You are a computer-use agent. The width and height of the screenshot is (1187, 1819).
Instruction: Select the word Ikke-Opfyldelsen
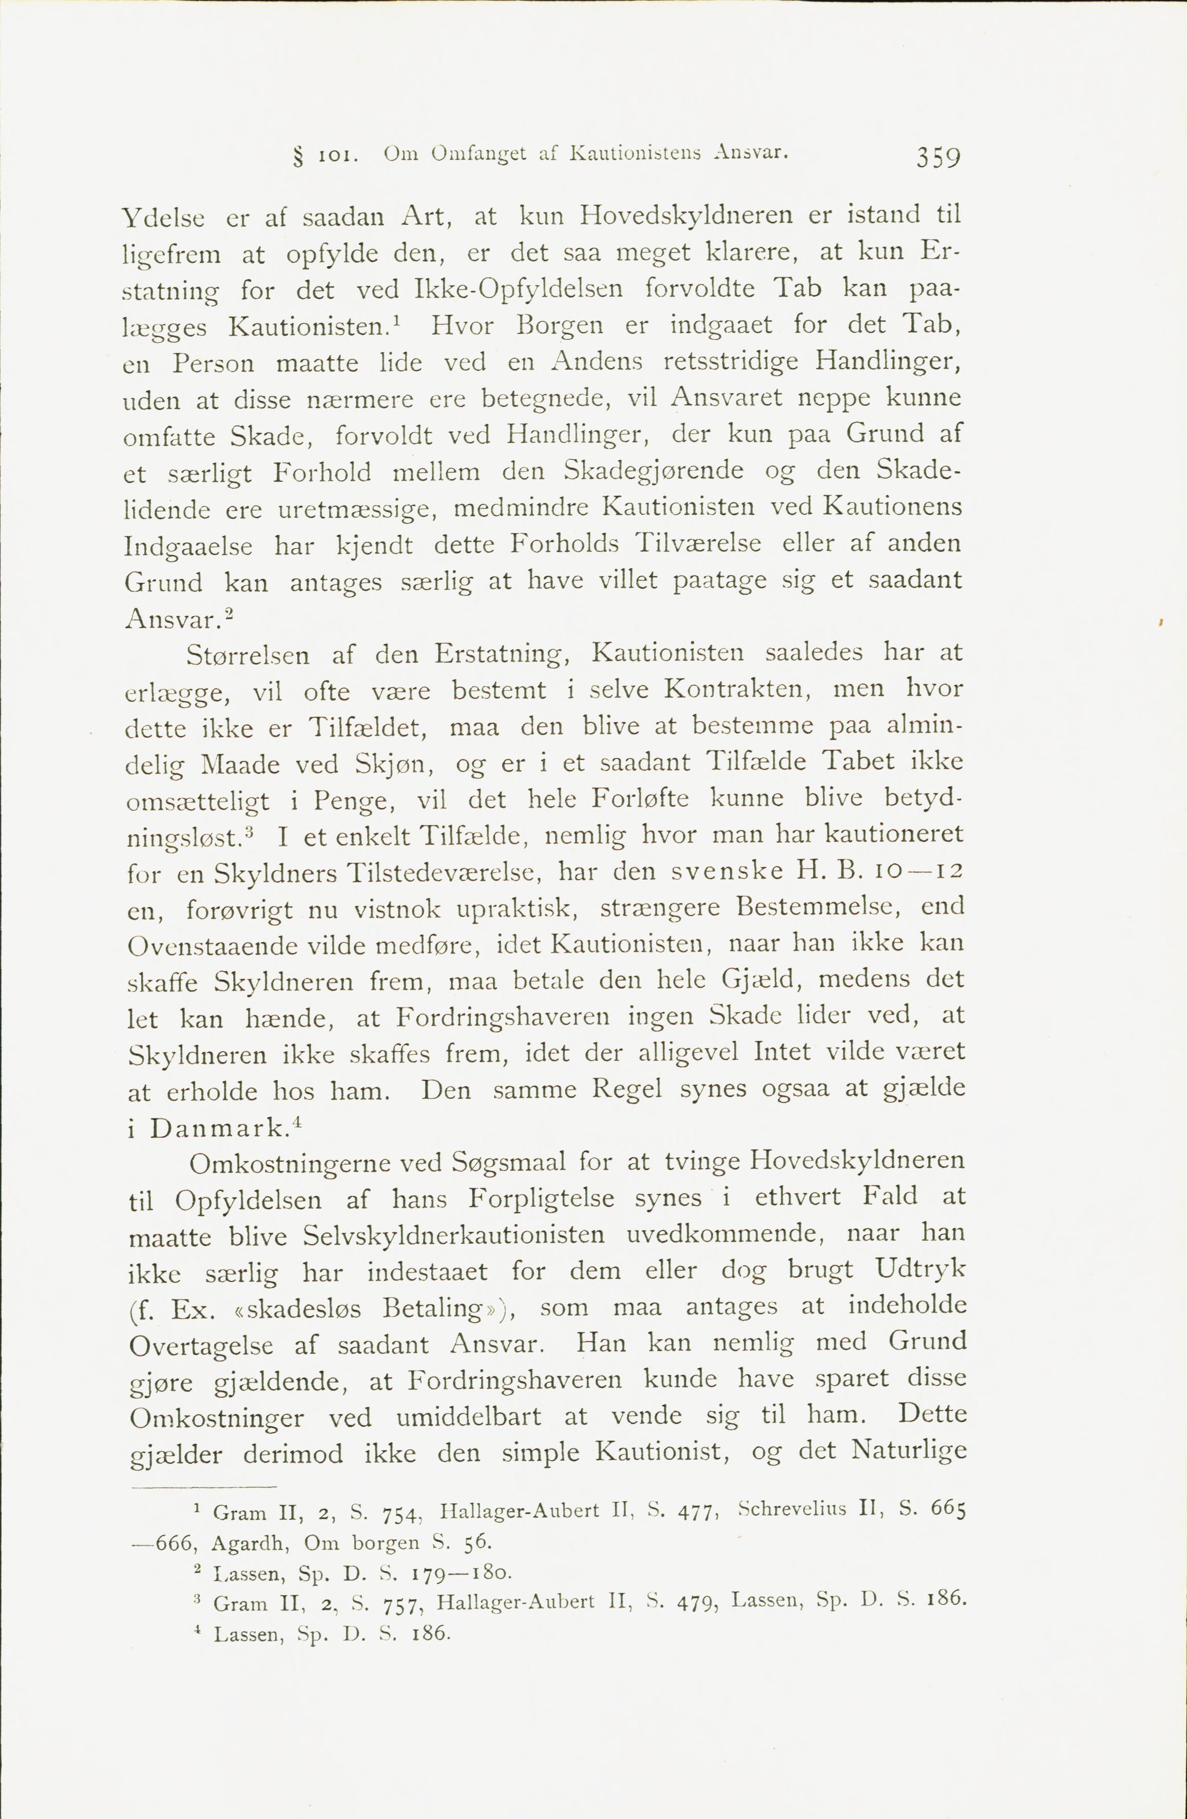pos(518,289)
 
